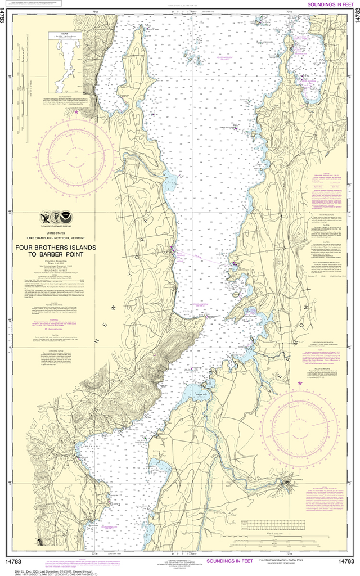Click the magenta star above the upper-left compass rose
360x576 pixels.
(76, 111)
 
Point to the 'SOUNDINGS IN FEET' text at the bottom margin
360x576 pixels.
(229, 561)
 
